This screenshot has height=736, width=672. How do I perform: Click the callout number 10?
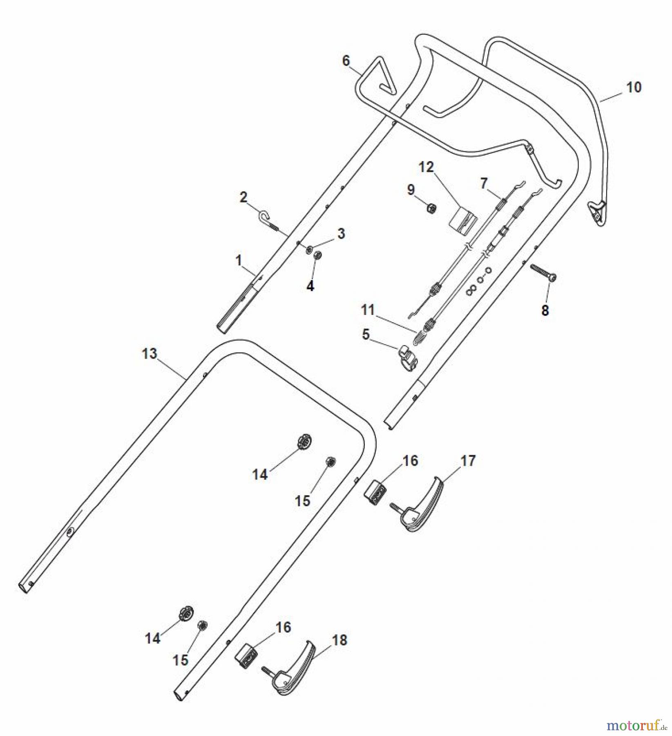coord(634,87)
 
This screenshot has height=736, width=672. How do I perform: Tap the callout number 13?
coord(150,354)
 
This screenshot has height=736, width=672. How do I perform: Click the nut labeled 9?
coord(431,209)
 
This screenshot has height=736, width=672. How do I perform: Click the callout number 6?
coord(346,61)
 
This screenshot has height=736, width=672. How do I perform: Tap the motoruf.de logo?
coord(637,726)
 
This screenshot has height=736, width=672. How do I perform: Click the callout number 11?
coord(368,310)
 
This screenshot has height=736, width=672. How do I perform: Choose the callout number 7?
coord(484,184)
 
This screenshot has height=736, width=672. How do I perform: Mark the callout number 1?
coord(239,260)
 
